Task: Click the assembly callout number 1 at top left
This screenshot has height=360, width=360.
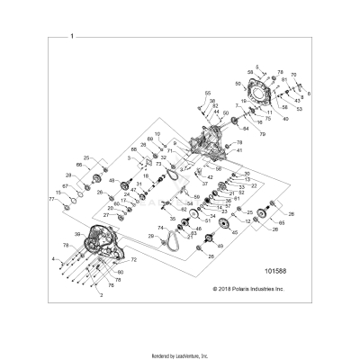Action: tap(73, 36)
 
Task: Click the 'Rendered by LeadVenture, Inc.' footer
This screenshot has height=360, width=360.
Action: tap(179, 355)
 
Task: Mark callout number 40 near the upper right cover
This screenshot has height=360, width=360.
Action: tap(285, 119)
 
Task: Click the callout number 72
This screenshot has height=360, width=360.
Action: tap(133, 259)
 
